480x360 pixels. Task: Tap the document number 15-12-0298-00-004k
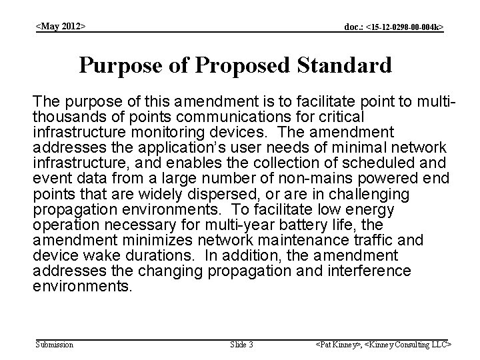click(393, 27)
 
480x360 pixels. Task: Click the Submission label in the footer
click(54, 344)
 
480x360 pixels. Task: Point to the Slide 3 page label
click(241, 344)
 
